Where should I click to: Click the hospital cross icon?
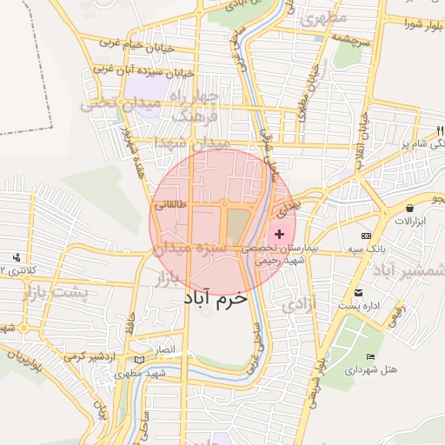coord(279,235)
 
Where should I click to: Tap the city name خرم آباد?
coord(215,297)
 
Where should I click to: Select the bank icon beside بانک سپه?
coord(366,236)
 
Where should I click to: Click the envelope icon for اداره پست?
coord(358,294)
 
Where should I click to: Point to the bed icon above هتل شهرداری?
coord(371,357)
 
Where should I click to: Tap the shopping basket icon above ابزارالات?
coord(409,208)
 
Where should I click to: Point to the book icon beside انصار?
coord(140,359)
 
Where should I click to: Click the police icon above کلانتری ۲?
coord(17,257)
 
